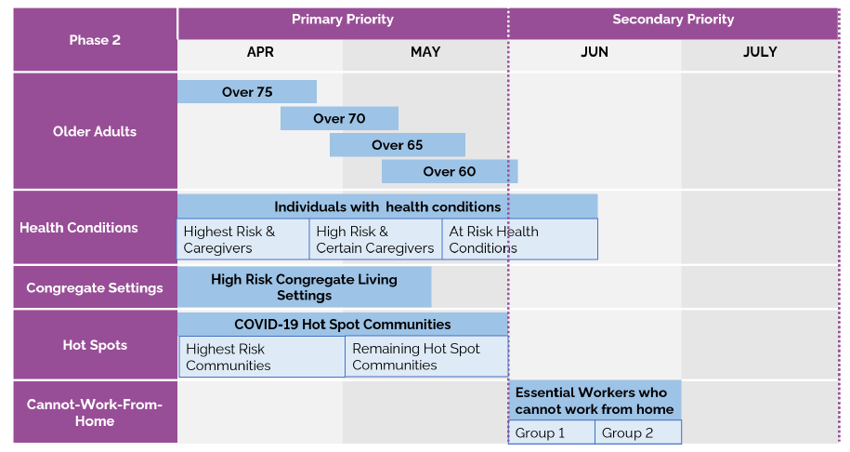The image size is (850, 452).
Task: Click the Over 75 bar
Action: (247, 92)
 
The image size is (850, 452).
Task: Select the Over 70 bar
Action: (339, 118)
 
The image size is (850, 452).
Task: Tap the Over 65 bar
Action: (398, 145)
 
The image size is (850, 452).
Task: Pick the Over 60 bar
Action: (450, 171)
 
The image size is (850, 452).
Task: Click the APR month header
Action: (260, 53)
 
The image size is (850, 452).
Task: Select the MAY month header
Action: (425, 53)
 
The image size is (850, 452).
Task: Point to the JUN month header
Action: (595, 53)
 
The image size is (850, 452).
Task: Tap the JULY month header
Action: (760, 53)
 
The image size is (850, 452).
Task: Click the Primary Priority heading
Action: (343, 20)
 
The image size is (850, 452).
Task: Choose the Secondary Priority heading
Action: (673, 20)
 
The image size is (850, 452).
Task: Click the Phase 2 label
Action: (95, 40)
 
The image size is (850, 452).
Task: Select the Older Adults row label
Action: (95, 132)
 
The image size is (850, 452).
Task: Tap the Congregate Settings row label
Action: (95, 288)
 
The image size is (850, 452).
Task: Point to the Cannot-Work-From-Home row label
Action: (95, 413)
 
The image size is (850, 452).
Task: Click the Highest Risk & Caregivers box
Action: (242, 240)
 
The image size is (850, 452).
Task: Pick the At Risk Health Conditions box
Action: (519, 240)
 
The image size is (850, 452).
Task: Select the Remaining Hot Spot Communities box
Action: (426, 357)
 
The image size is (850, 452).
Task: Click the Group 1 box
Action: (551, 432)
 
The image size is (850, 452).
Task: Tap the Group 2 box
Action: (637, 432)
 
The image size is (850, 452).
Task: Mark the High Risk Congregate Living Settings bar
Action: (304, 287)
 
